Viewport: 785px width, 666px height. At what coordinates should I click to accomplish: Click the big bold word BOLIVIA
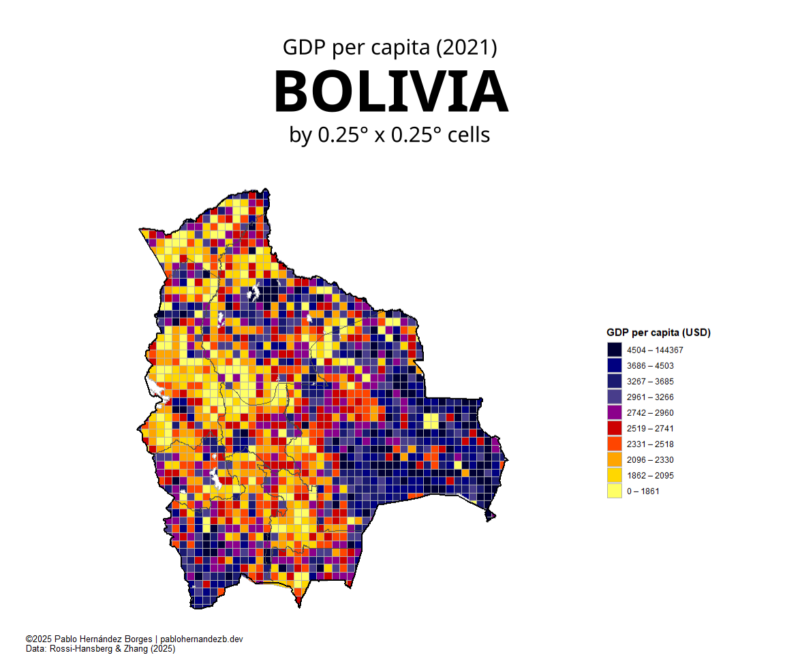click(x=390, y=92)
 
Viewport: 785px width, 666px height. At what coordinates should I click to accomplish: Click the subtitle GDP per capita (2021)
click(x=390, y=48)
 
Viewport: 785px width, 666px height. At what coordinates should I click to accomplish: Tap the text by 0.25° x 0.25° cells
click(x=390, y=135)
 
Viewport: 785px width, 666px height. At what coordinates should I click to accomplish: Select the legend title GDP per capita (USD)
click(x=658, y=333)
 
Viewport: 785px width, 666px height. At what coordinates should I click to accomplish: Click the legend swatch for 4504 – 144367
click(x=615, y=350)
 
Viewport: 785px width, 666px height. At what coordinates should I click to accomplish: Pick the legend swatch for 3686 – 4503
click(x=615, y=365)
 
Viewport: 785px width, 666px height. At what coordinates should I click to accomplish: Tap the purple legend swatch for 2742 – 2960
click(x=615, y=412)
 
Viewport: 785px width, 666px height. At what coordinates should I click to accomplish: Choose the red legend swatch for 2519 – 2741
click(x=615, y=428)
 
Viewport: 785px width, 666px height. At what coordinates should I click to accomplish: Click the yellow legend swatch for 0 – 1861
click(x=615, y=491)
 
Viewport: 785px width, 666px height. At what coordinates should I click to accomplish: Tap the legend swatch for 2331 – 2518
click(x=615, y=444)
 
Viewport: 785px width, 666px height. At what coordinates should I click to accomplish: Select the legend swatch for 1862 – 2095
click(x=615, y=475)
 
